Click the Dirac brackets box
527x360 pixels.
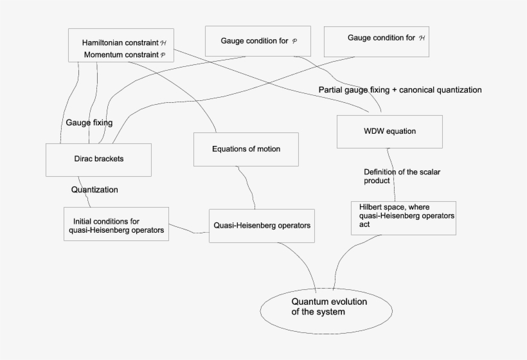pos(98,159)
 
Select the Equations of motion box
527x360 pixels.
pos(246,149)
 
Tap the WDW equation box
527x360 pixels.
pos(389,131)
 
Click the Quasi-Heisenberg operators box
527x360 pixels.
pos(262,226)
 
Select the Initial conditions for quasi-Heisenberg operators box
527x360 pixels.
pos(116,224)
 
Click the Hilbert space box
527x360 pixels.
pos(404,217)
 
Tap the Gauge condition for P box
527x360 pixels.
pos(257,41)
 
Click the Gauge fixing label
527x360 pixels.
pos(89,122)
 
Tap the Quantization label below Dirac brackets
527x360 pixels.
pos(94,190)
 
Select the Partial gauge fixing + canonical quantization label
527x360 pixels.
pos(400,90)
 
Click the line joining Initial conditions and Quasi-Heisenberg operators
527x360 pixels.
pos(189,229)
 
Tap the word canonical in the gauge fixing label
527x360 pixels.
pos(417,90)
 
